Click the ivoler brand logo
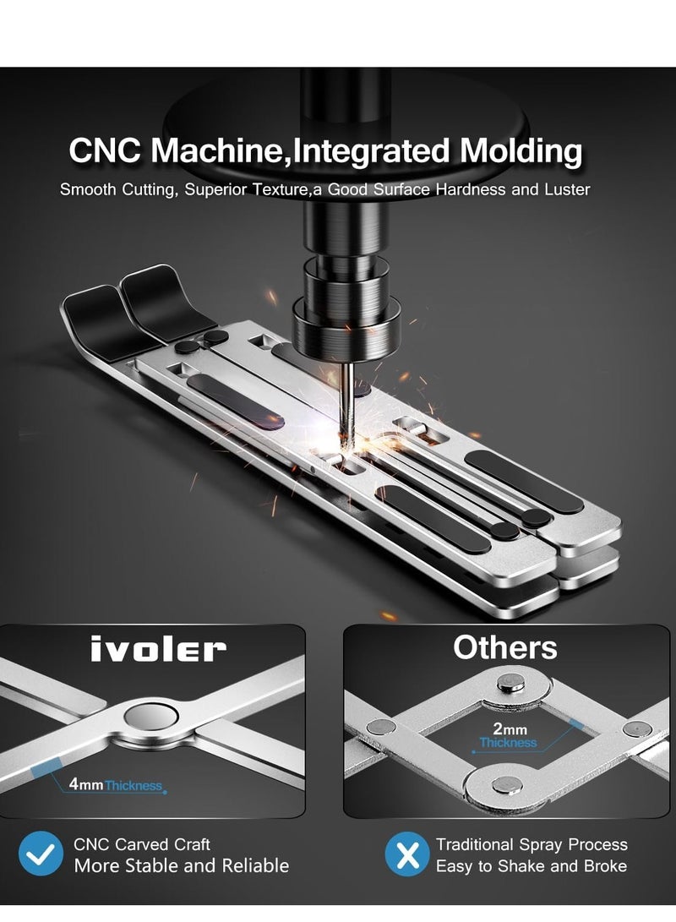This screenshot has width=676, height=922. click(158, 649)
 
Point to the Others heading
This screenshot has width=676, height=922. click(504, 646)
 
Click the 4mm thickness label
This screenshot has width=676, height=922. click(117, 786)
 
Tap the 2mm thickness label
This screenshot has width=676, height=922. click(507, 735)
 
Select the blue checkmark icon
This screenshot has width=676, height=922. click(41, 854)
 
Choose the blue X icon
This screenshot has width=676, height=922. click(407, 854)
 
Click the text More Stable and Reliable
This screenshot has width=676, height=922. click(181, 865)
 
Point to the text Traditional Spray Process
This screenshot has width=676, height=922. click(532, 844)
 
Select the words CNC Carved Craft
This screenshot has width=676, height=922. click(142, 844)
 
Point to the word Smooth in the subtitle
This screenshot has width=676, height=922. click(86, 189)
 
